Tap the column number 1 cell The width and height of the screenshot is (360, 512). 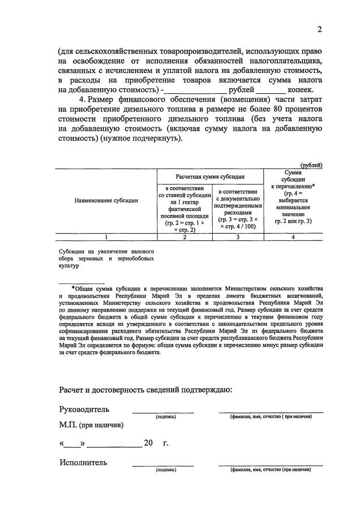[x=106, y=238]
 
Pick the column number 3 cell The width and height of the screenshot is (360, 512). [x=238, y=238]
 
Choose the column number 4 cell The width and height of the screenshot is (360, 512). [x=293, y=238]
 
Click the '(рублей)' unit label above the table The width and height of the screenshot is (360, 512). [x=311, y=165]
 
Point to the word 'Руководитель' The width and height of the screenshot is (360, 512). [x=84, y=410]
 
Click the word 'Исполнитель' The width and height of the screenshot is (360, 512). [x=83, y=462]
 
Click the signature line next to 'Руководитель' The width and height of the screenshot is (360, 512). [x=163, y=412]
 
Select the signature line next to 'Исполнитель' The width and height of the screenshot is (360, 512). [x=163, y=464]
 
